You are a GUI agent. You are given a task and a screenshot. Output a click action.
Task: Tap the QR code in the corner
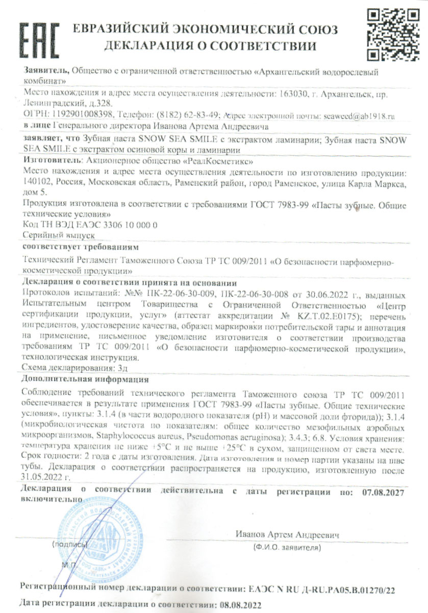click(391, 34)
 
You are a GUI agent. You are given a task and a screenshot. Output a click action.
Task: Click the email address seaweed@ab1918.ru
click(359, 116)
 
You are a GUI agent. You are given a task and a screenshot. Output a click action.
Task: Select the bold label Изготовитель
click(51, 160)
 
